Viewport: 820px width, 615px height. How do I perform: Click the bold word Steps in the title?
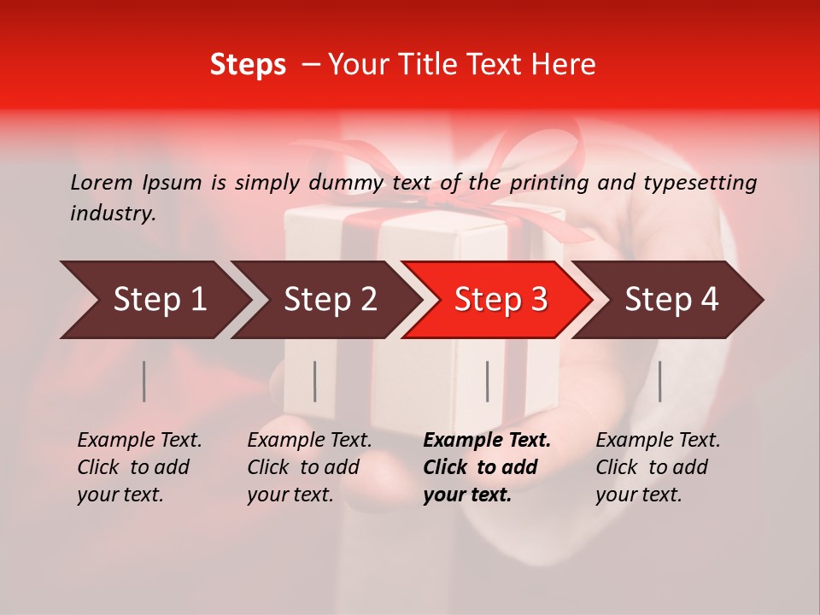tap(248, 65)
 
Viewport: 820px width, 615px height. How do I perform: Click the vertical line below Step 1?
tap(144, 381)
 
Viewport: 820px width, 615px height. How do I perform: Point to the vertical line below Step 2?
tap(315, 381)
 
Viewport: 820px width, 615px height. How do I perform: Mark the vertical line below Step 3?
tap(488, 381)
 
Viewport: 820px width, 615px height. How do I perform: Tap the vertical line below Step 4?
tap(659, 381)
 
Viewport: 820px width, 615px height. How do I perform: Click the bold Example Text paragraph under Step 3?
tap(485, 467)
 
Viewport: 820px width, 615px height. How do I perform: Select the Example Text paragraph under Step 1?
tap(138, 467)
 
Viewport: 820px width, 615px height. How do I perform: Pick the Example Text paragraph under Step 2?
tap(308, 467)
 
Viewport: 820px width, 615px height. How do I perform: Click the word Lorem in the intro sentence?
tap(102, 182)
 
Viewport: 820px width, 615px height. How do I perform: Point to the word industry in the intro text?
tap(112, 214)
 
